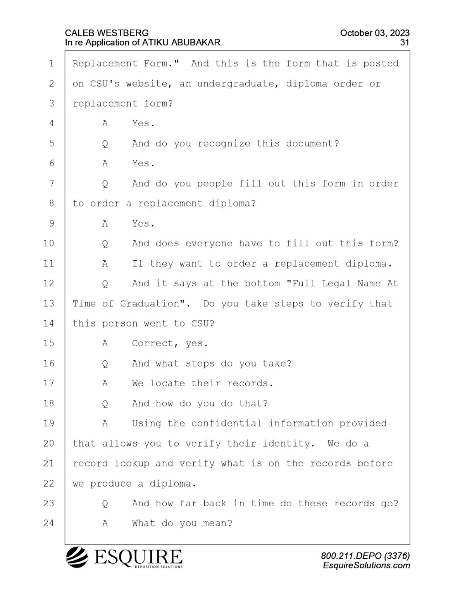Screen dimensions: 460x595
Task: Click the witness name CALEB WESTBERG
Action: [x=107, y=33]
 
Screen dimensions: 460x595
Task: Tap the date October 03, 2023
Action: [x=375, y=33]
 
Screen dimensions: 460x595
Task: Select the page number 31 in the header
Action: [x=405, y=43]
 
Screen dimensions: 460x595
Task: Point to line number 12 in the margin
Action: [x=49, y=284]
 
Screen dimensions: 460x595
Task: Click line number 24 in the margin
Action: [x=49, y=523]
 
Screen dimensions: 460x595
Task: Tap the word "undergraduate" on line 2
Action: [x=236, y=84]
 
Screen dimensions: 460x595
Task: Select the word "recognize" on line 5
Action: [x=224, y=144]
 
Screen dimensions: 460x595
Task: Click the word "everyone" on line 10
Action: [x=209, y=244]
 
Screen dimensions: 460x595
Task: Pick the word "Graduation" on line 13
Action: [x=150, y=304]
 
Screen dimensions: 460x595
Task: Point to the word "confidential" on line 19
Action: [x=226, y=424]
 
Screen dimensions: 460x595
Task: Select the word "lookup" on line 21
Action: [x=132, y=464]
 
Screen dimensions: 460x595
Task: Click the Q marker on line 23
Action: [x=105, y=504]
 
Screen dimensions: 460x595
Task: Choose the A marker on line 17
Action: [x=105, y=383]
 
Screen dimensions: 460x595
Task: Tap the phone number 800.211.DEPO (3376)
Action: [x=365, y=556]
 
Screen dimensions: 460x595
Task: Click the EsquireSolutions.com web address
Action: [x=366, y=566]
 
